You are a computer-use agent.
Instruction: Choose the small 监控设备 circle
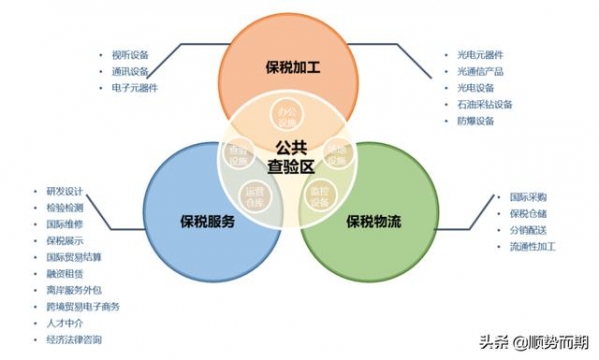(321, 193)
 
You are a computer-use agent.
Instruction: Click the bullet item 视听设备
(130, 56)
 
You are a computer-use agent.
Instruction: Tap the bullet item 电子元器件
(134, 88)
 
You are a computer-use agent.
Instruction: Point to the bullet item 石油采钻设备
(483, 104)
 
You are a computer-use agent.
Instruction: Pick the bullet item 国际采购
(528, 197)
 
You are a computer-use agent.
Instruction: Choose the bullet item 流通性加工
(532, 245)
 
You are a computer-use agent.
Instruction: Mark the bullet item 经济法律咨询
(73, 339)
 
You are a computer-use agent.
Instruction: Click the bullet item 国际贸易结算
(73, 257)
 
